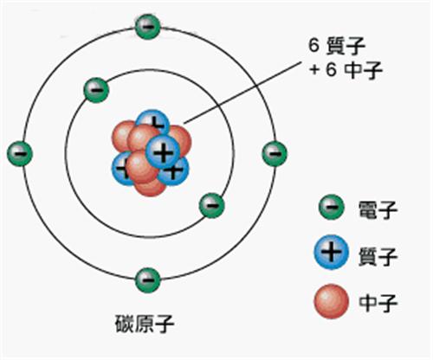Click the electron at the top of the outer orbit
pyautogui.click(x=148, y=27)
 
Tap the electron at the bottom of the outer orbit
pyautogui.click(x=148, y=280)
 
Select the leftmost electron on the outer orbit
pyautogui.click(x=20, y=154)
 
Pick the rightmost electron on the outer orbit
pyautogui.click(x=275, y=154)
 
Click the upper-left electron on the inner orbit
pyautogui.click(x=96, y=90)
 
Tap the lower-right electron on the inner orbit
pyautogui.click(x=212, y=205)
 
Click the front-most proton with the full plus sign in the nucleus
pyautogui.click(x=163, y=152)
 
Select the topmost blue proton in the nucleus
pyautogui.click(x=152, y=122)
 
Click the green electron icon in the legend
pyautogui.click(x=332, y=207)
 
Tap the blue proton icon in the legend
pyautogui.click(x=332, y=252)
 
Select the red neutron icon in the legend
pyautogui.click(x=332, y=301)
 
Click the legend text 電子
pyautogui.click(x=378, y=209)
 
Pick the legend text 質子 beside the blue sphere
pyautogui.click(x=378, y=256)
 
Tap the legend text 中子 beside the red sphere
pyautogui.click(x=378, y=302)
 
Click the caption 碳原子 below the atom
pyautogui.click(x=145, y=324)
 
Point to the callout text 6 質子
pyautogui.click(x=337, y=46)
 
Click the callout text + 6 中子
pyautogui.click(x=346, y=70)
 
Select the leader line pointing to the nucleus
pyautogui.click(x=242, y=93)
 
